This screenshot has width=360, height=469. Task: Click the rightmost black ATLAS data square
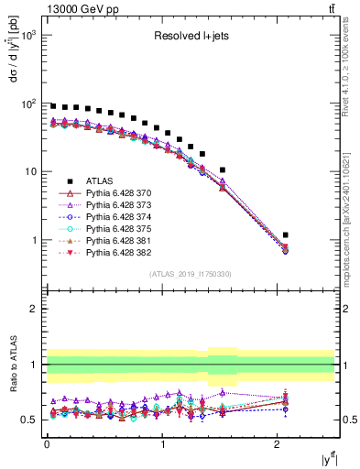(286, 235)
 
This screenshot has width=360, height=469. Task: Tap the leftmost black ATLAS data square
(53, 106)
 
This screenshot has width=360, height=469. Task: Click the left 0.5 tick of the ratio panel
(31, 420)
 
